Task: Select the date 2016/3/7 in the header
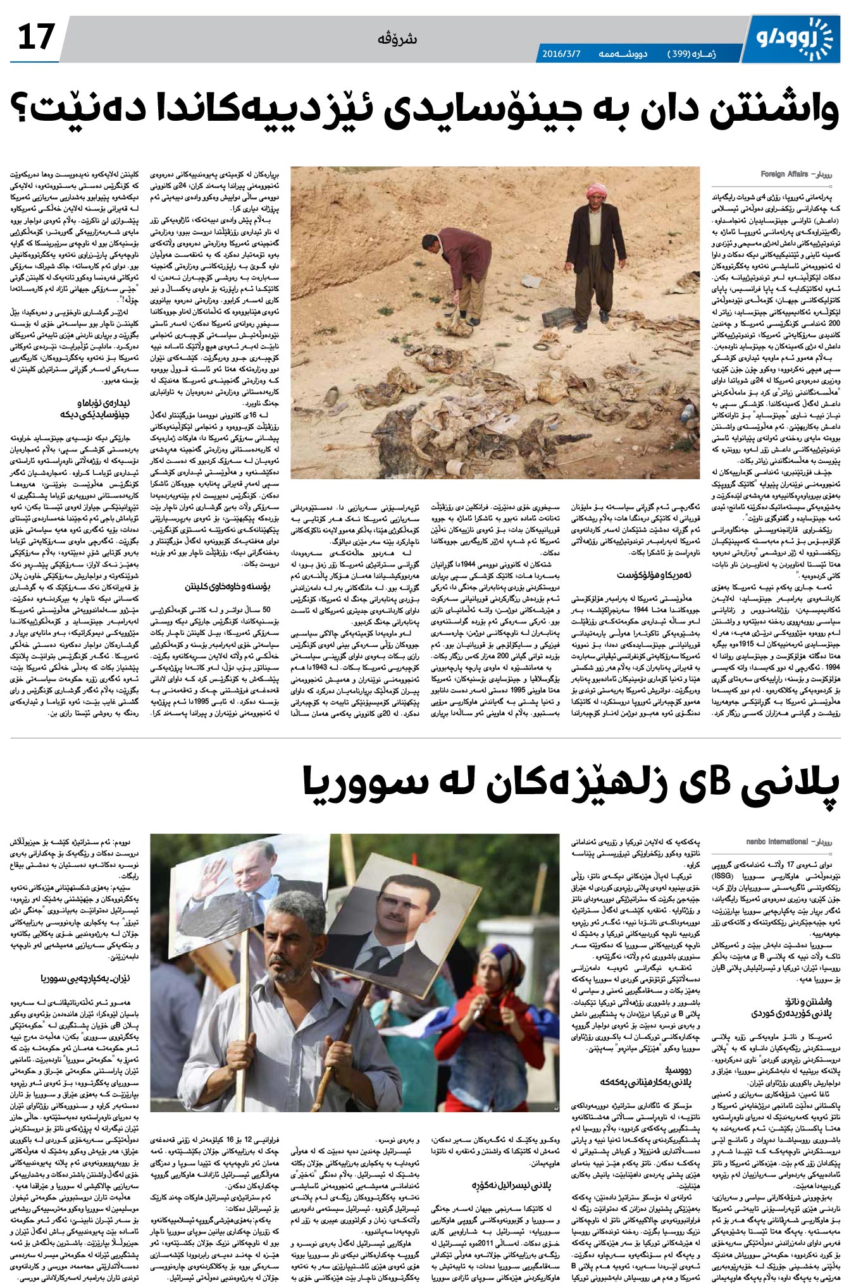tap(561, 53)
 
